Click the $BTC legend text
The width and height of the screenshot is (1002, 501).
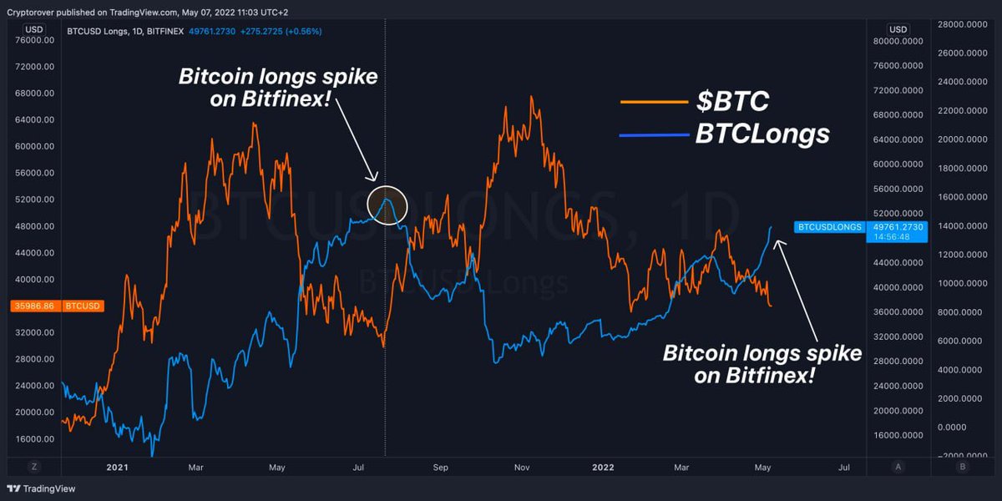point(733,101)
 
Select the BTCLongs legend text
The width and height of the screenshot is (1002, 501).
point(762,134)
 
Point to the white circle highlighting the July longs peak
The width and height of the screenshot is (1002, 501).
point(387,204)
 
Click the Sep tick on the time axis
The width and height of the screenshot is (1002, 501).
point(441,467)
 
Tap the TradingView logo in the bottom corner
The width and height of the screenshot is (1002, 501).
point(39,488)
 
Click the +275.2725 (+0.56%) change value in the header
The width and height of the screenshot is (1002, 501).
point(280,31)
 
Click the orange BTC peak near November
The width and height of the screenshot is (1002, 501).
point(531,98)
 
